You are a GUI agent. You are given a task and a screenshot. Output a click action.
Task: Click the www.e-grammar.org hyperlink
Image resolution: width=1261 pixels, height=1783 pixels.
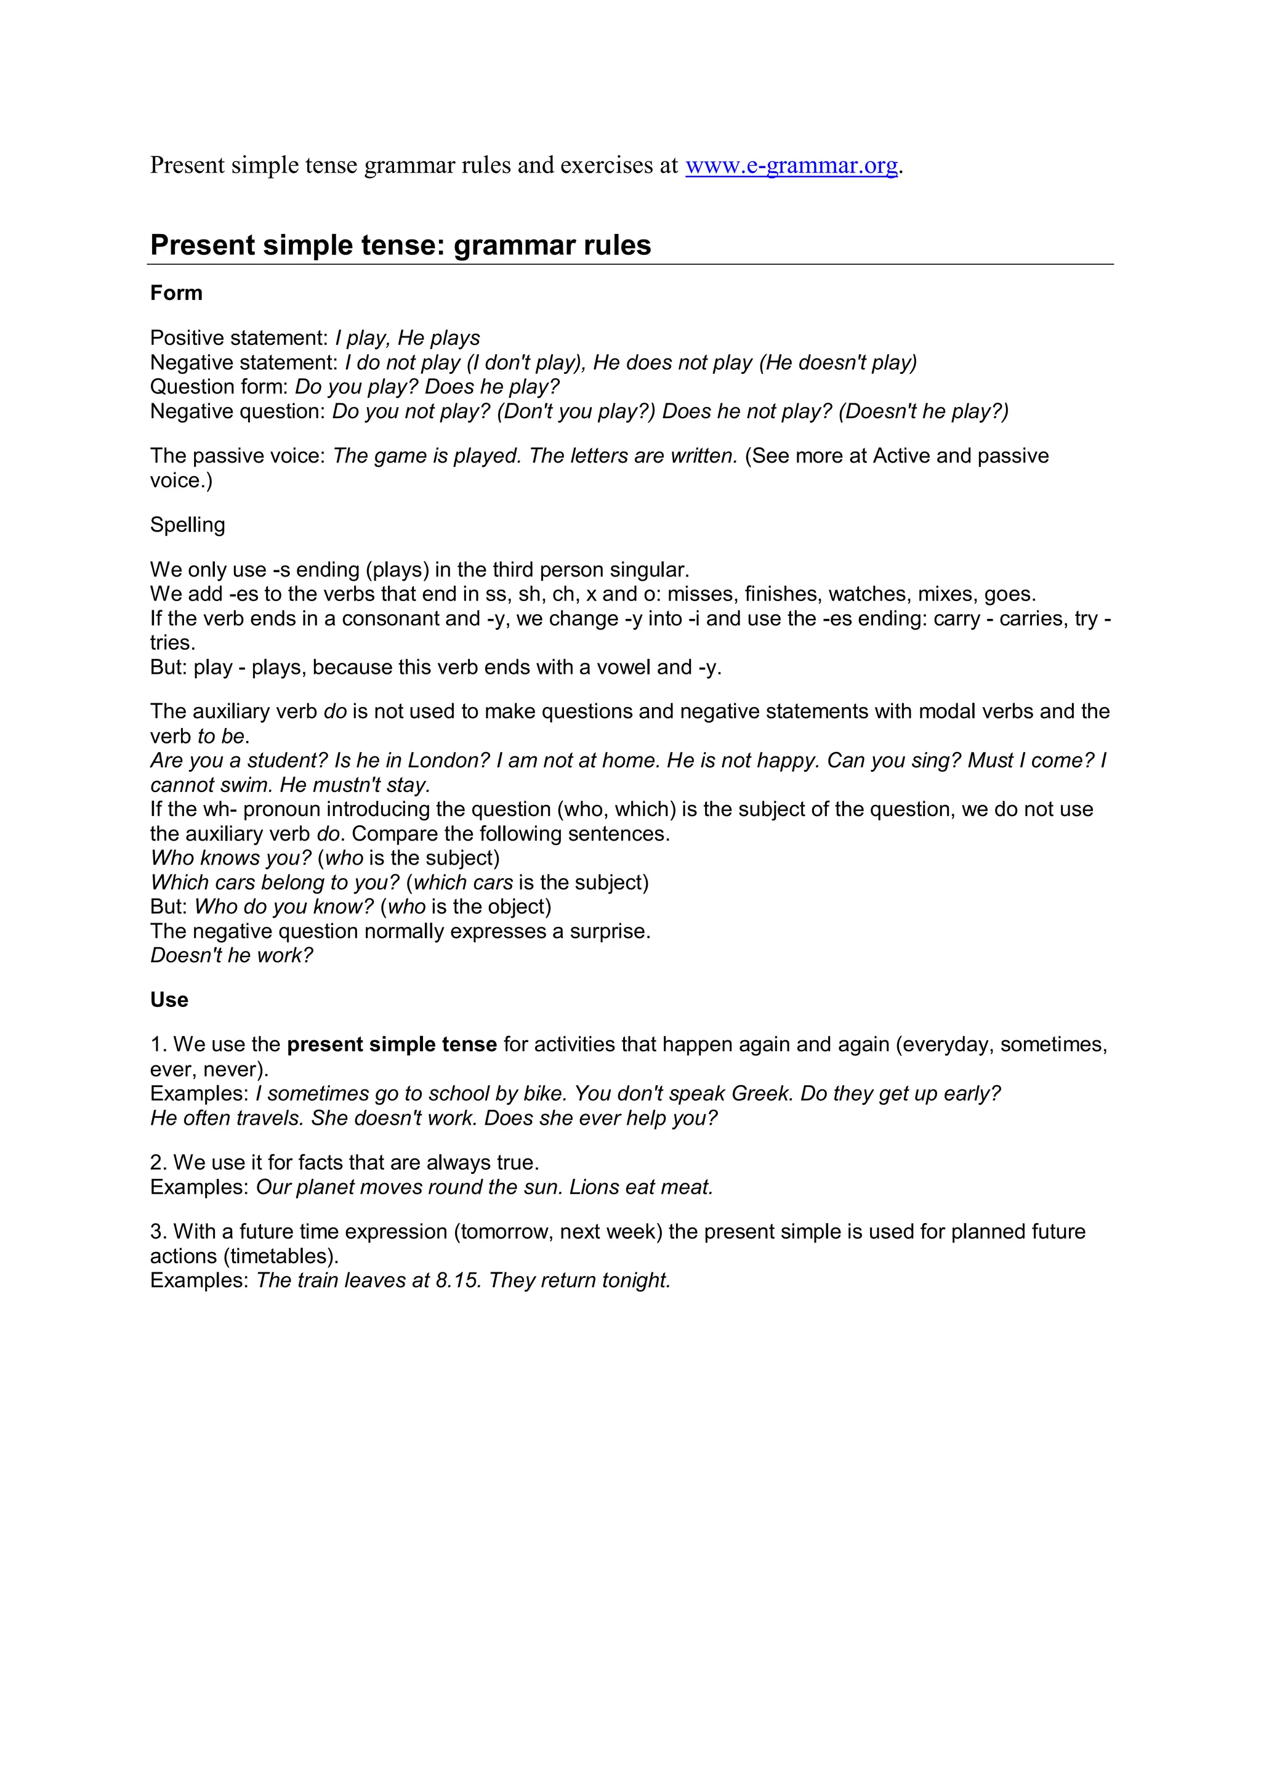click(791, 166)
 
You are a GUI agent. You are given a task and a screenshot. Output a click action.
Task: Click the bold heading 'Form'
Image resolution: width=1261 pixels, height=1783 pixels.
click(176, 293)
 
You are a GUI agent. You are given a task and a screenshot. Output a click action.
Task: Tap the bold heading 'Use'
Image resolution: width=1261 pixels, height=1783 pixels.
click(169, 1000)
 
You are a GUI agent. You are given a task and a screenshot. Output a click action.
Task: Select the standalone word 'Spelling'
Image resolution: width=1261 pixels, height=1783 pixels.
click(187, 525)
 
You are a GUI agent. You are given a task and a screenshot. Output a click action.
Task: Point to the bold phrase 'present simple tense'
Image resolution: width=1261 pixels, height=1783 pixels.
click(392, 1045)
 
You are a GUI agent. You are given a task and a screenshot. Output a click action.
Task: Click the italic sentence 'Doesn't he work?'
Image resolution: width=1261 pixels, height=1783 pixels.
click(232, 955)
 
